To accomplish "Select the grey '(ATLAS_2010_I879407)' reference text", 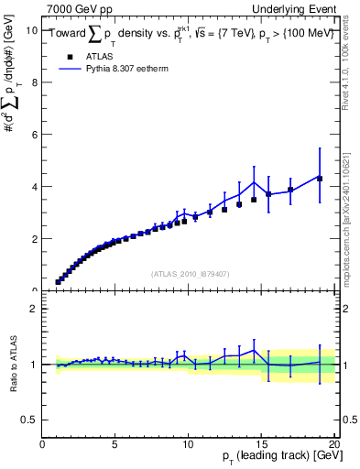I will coord(189,273).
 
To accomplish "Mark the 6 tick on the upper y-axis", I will coord(34,135).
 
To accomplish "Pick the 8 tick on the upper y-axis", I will coord(34,82).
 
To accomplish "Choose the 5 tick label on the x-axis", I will coord(115,443).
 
